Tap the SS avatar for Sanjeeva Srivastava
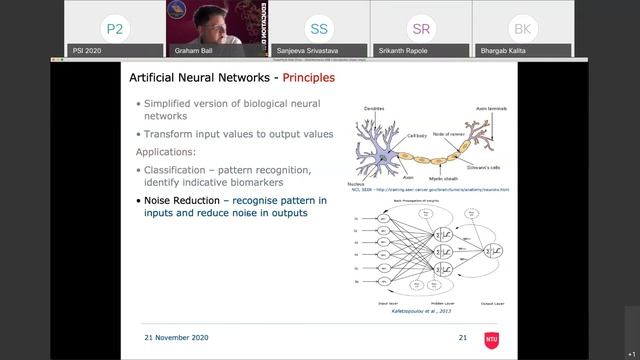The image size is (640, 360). (319, 29)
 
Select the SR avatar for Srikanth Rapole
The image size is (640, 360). (421, 29)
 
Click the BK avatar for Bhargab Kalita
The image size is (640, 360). (521, 29)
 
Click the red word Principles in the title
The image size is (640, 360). (308, 77)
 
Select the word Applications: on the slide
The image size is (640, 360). (170, 151)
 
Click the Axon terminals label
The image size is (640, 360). (490, 108)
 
